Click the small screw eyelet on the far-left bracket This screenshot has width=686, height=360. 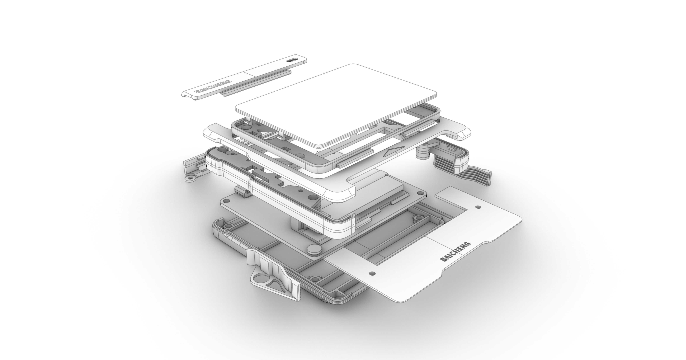190,178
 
